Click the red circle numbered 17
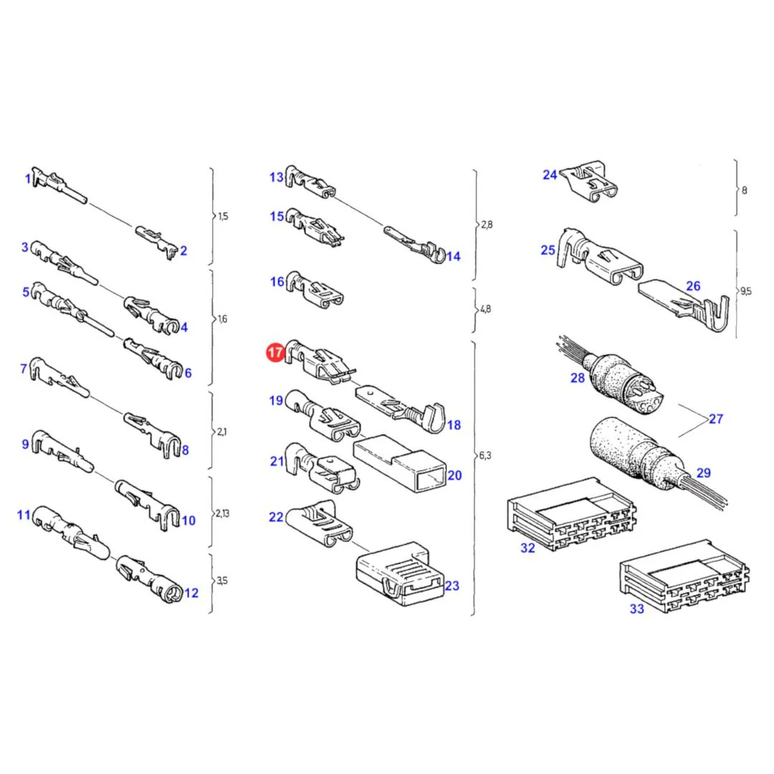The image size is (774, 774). point(275,353)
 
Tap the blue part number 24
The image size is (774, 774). point(550,175)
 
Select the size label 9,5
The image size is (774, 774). point(745,291)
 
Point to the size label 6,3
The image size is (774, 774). point(485,455)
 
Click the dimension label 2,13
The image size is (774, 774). point(222,513)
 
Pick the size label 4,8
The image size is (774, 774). point(485,309)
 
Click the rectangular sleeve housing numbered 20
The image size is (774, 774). point(400,463)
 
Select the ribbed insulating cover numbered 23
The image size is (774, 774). point(400,573)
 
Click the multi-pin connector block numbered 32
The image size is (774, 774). point(571,513)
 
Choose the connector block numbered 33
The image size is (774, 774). point(684,576)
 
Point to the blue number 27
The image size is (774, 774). point(716,419)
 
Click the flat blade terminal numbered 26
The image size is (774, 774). point(684,305)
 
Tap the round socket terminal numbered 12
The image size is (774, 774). point(149,578)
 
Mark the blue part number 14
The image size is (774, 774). point(453,256)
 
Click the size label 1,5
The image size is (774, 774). point(223,216)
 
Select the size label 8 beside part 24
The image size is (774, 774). point(745,190)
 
